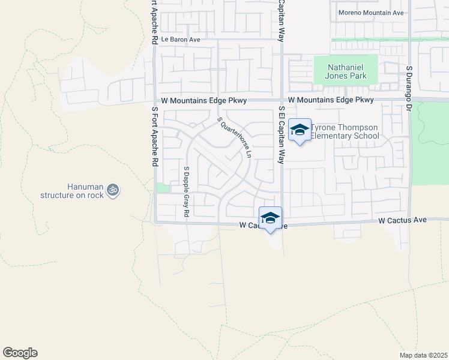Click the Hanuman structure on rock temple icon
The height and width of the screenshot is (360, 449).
(x=112, y=190)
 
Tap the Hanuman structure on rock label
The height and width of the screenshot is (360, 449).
(x=72, y=191)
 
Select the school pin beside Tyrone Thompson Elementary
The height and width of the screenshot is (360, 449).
(x=300, y=130)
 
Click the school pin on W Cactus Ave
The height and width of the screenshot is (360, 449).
(x=271, y=218)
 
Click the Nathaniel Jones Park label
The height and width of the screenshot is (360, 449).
(x=346, y=70)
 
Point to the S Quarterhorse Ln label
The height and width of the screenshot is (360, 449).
(x=234, y=137)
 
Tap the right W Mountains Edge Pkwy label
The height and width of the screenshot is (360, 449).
(x=331, y=100)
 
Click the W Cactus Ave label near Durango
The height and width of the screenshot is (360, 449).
(x=403, y=221)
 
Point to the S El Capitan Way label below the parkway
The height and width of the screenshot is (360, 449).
(x=280, y=135)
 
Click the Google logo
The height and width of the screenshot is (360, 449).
(x=20, y=353)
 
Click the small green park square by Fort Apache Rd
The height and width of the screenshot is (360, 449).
(x=162, y=188)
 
